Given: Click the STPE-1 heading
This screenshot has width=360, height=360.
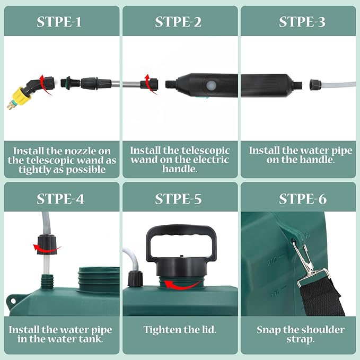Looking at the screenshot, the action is (59, 22).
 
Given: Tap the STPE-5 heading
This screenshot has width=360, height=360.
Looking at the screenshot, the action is (178, 199).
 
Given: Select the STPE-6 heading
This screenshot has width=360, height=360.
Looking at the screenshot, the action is (303, 199).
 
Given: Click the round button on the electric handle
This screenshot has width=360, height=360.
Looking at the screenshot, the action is (211, 86).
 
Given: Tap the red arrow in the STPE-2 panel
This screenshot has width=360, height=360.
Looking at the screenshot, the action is (150, 84).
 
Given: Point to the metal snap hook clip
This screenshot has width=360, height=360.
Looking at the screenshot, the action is (306, 259).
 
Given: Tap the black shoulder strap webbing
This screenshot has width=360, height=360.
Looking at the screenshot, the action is (321, 296).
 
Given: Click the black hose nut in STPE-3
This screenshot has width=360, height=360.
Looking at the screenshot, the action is (314, 84).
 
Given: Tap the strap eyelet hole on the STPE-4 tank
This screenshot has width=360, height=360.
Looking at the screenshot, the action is (13, 301).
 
